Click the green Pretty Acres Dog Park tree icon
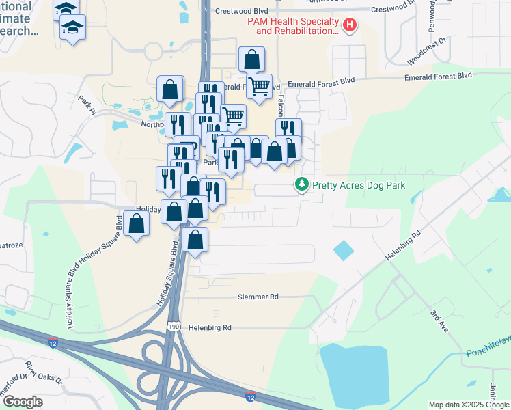click(301, 184)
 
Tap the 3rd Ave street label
click(438, 318)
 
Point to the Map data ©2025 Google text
click(469, 405)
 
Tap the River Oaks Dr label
click(42, 372)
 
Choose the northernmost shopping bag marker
click(252, 60)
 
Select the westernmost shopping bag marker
click(137, 223)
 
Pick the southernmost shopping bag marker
click(195, 239)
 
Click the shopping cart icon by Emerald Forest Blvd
click(259, 87)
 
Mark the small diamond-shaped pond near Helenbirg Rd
click(344, 250)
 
